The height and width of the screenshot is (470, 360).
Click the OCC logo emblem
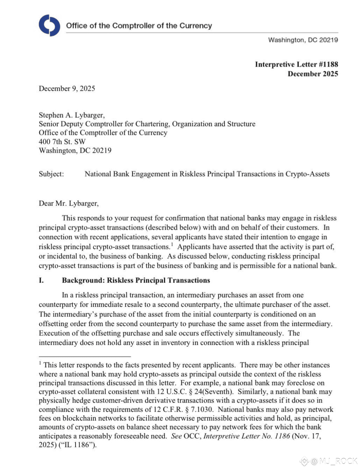(49, 25)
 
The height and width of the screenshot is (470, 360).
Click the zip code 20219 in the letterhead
(328, 40)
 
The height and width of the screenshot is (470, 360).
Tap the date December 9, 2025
(67, 88)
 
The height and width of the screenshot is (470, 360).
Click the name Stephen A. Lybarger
(71, 115)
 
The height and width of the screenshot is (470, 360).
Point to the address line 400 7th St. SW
(62, 141)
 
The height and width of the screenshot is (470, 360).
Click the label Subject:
(51, 174)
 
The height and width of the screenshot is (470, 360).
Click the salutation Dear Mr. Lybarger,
(69, 203)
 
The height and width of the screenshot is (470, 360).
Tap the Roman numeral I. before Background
(41, 280)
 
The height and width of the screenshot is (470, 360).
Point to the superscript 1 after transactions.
(172, 244)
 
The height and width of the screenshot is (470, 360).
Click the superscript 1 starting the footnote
(40, 363)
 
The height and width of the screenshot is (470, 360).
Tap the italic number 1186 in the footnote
(282, 436)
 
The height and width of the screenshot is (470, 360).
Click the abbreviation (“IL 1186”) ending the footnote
(79, 445)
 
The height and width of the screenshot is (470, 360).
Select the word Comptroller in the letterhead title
(133, 26)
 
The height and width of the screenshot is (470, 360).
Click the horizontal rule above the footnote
(85, 357)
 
